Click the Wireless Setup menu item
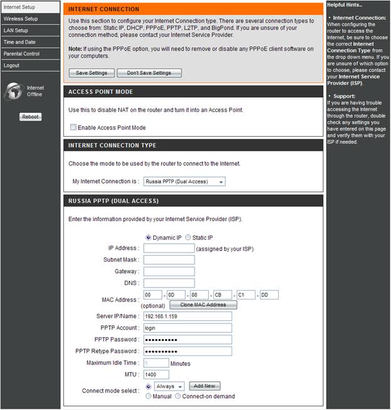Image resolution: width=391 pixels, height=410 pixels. pyautogui.click(x=21, y=19)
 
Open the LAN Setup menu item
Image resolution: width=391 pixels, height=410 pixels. pyautogui.click(x=16, y=30)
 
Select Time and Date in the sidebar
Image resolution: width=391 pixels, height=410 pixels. pyautogui.click(x=19, y=42)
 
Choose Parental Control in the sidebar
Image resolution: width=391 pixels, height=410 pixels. pyautogui.click(x=21, y=54)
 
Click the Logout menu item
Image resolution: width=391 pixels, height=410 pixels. pyautogui.click(x=11, y=65)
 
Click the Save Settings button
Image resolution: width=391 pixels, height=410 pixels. pyautogui.click(x=92, y=73)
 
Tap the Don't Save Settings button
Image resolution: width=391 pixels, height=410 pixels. pyautogui.click(x=149, y=73)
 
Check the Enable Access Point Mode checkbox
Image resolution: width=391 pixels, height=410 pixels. pyautogui.click(x=73, y=127)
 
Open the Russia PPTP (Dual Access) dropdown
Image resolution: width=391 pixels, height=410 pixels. pyautogui.click(x=185, y=181)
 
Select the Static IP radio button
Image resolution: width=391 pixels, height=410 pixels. pyautogui.click(x=188, y=237)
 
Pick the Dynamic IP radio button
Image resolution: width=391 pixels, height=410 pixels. pyautogui.click(x=149, y=237)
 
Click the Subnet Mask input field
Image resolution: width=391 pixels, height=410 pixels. pyautogui.click(x=169, y=260)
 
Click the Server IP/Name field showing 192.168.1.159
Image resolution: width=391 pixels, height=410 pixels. pyautogui.click(x=188, y=316)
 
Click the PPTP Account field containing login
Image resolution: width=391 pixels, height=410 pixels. pyautogui.click(x=188, y=328)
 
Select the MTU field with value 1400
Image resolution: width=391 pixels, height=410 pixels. pyautogui.click(x=156, y=375)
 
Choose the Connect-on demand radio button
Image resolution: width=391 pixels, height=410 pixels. pyautogui.click(x=178, y=396)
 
